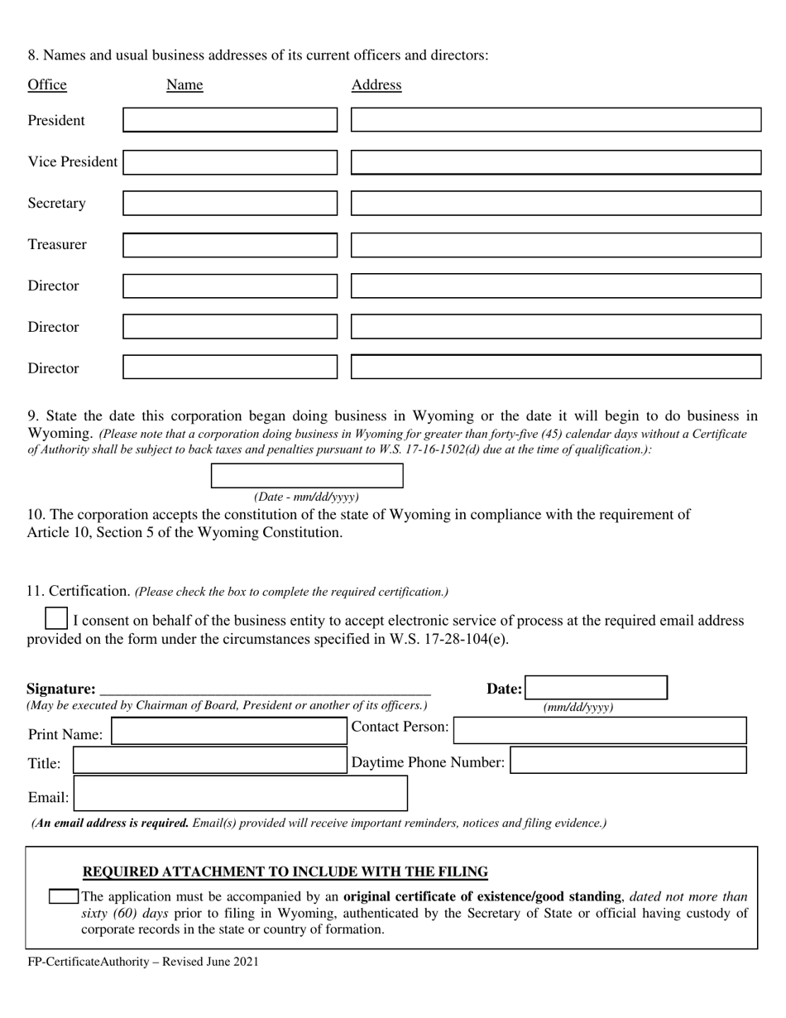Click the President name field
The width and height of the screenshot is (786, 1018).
click(x=230, y=120)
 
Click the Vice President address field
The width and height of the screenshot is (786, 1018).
click(x=555, y=162)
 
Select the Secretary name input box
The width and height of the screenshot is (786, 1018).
click(x=230, y=203)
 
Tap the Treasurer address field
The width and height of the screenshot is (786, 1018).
click(x=555, y=245)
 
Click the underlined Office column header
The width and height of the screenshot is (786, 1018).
click(x=47, y=84)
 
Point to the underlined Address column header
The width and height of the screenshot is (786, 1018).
click(x=376, y=84)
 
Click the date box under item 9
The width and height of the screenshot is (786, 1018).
click(x=307, y=476)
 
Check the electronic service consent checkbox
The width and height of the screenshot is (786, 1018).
click(x=56, y=619)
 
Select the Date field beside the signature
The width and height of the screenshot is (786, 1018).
click(x=597, y=688)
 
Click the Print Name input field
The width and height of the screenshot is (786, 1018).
click(x=228, y=732)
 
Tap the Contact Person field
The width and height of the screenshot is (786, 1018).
click(x=600, y=730)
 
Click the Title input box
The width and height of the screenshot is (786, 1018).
click(x=209, y=761)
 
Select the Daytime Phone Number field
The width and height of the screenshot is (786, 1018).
click(x=628, y=761)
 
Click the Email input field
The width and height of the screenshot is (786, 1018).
click(x=241, y=794)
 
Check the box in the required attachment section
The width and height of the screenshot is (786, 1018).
click(x=64, y=896)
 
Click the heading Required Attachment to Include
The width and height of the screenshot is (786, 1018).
click(x=285, y=872)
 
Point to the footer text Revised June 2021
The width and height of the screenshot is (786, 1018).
click(x=208, y=962)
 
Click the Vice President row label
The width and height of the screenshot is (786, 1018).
click(x=73, y=161)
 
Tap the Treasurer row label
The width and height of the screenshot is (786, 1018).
click(x=57, y=244)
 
